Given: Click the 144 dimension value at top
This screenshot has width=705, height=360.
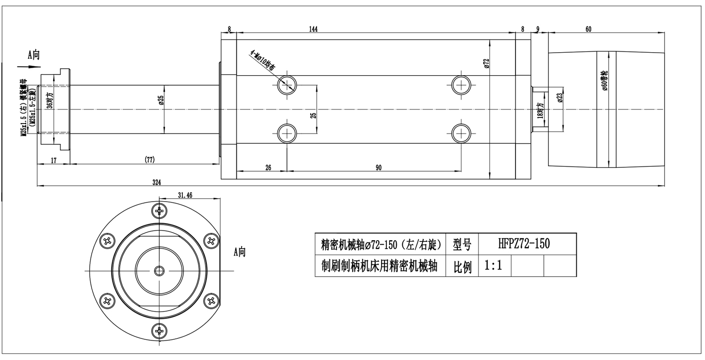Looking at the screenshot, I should point(313,29).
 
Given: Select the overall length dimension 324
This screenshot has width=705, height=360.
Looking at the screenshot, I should point(157,182).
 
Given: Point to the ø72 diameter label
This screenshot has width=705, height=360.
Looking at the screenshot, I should point(486,63).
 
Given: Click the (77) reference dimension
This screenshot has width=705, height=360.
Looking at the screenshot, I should point(149,160).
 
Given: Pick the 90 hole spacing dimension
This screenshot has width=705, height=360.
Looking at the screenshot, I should point(378,167).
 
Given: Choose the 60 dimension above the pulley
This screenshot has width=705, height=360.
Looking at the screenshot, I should point(588,29).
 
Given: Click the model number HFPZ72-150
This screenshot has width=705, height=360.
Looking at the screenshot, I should point(524,243).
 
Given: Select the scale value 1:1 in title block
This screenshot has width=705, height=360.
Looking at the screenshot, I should point(493,266).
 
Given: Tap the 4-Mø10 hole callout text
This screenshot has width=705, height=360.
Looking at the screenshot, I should point(263,61).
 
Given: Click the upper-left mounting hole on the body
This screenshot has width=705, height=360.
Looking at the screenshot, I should point(286,85).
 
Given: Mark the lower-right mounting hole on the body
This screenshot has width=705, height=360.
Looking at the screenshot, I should point(461,134).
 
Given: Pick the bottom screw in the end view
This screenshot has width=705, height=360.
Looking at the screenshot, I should point(161,331).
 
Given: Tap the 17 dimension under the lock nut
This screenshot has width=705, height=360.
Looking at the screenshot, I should point(54,160).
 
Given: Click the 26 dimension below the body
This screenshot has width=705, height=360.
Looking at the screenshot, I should point(268,167).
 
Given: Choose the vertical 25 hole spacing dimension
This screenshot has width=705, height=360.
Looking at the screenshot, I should point(313,114).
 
